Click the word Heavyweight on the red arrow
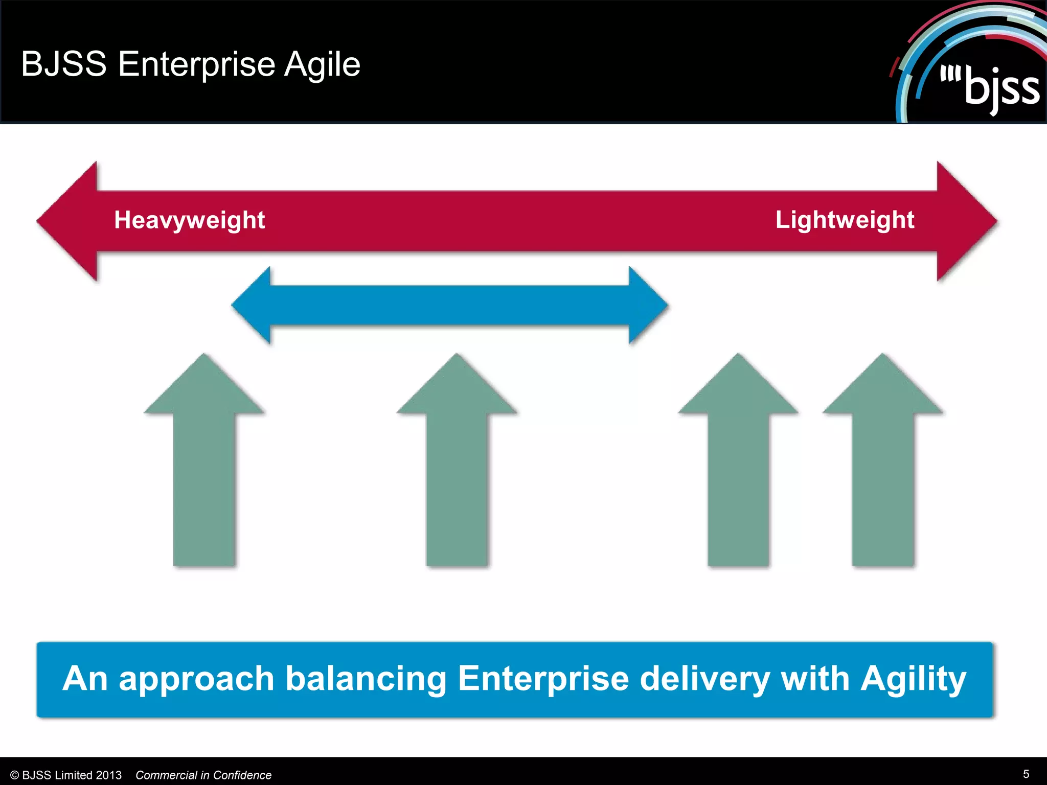pyautogui.click(x=189, y=220)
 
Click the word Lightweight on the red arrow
pyautogui.click(x=845, y=220)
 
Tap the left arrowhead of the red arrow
pyautogui.click(x=69, y=221)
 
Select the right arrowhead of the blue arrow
pyautogui.click(x=647, y=306)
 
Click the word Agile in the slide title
pyautogui.click(x=322, y=64)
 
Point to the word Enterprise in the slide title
pyautogui.click(x=197, y=64)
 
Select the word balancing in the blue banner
pyautogui.click(x=366, y=679)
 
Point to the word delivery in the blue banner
pyautogui.click(x=705, y=679)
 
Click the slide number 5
pyautogui.click(x=1026, y=774)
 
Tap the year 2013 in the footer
pyautogui.click(x=108, y=775)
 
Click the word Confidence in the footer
pyautogui.click(x=242, y=775)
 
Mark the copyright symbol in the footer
pyautogui.click(x=15, y=775)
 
